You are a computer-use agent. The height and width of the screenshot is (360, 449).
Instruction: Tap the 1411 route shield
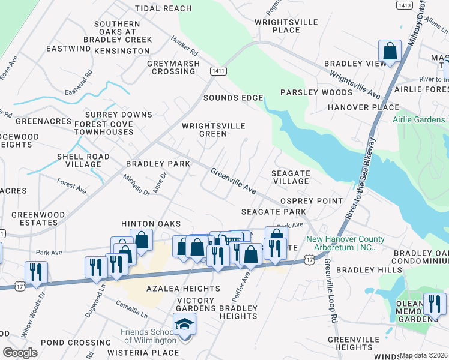click(x=218, y=71)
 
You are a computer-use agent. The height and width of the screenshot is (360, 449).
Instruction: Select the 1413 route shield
click(x=403, y=5)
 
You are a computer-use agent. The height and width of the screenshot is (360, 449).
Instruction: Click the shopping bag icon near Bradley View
click(x=390, y=52)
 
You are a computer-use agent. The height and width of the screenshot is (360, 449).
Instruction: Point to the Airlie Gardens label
click(x=420, y=119)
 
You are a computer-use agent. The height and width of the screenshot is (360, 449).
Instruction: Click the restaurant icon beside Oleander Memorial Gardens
click(x=433, y=305)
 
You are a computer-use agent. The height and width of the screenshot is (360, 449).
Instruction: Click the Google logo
click(x=20, y=352)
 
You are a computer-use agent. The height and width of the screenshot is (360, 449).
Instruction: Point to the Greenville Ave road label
click(x=234, y=180)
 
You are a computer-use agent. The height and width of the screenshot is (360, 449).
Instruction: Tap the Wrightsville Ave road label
click(x=354, y=85)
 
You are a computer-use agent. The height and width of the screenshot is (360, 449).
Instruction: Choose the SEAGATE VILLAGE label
click(x=291, y=177)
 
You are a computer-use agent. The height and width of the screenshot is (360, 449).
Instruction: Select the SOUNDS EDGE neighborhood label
click(x=233, y=98)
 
